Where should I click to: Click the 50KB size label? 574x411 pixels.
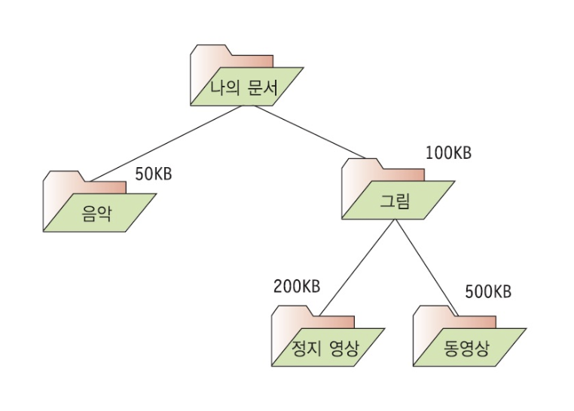pos(154,174)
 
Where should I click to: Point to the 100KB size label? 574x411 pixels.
pos(448,153)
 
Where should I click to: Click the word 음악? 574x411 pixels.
pos(96,213)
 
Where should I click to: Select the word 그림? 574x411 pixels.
pos(397,200)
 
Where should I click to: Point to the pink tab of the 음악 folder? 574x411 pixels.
pos(105,187)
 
